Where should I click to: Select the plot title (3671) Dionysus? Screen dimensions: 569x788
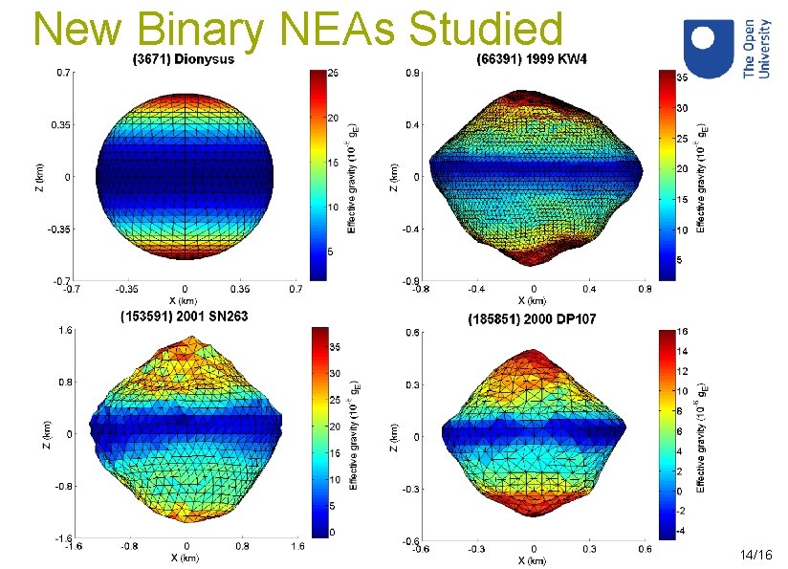(185, 59)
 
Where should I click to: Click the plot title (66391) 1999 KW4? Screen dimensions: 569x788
(533, 60)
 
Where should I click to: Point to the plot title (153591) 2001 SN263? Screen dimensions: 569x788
(183, 317)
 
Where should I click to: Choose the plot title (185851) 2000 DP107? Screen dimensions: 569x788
(532, 318)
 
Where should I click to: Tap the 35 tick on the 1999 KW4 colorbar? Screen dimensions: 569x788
(683, 77)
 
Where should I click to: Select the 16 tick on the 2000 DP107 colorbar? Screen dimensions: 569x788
(683, 331)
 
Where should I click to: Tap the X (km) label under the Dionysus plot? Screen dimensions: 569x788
(185, 299)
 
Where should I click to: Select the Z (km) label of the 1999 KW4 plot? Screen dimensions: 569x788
(393, 175)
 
